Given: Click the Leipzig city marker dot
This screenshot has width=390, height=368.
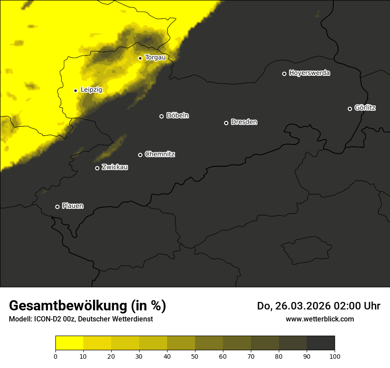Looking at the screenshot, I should click(75, 90).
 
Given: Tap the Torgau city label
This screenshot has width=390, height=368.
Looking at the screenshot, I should click(155, 58).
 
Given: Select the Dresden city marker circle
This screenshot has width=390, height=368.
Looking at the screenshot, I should click(226, 123).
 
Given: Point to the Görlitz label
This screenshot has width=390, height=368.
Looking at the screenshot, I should click(365, 108).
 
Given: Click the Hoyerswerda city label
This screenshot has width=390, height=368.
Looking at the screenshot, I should click(309, 73).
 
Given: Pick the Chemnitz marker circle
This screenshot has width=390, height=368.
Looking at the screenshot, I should click(140, 155).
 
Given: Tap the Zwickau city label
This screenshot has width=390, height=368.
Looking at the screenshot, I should click(115, 167).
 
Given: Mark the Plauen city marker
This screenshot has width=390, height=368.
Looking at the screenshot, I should click(57, 207).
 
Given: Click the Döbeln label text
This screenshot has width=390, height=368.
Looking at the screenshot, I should click(177, 116).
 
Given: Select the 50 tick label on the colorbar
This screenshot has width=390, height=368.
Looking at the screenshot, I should click(195, 356).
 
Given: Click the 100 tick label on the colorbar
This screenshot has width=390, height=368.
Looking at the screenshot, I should click(335, 356).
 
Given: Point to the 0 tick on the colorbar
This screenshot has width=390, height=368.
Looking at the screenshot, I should click(55, 356).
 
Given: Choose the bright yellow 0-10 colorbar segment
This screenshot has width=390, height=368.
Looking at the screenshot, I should click(69, 343).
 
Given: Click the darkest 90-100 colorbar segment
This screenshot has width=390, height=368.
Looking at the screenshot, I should click(320, 343).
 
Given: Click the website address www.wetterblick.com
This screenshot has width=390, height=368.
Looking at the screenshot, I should click(320, 319).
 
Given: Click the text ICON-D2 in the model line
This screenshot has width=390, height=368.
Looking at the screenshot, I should click(48, 319).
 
